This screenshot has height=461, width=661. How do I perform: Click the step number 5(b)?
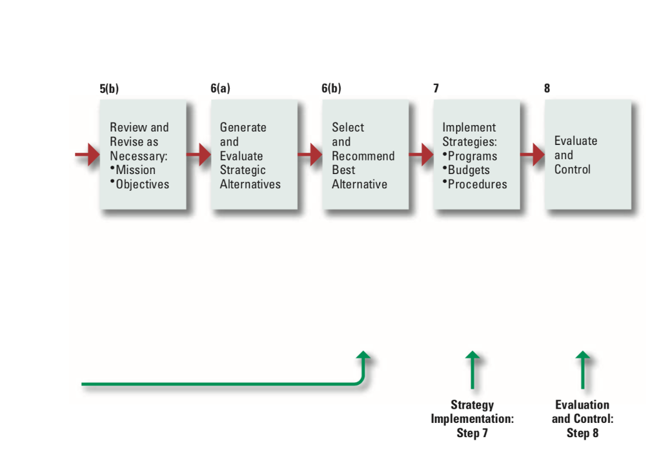tap(109, 89)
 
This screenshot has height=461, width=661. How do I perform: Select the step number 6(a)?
tap(220, 89)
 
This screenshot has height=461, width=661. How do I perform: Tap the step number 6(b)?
tap(331, 89)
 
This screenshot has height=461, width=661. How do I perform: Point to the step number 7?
tap(436, 89)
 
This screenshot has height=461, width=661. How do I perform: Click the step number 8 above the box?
tap(547, 89)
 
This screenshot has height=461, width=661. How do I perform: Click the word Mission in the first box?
tap(135, 170)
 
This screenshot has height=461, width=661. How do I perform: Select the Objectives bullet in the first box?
tap(141, 184)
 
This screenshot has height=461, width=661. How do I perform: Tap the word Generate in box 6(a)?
tap(243, 128)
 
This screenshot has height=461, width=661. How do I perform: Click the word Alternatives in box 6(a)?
tap(250, 184)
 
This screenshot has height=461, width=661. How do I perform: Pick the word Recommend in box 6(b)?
tap(363, 156)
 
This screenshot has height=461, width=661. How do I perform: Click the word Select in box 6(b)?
tap(348, 128)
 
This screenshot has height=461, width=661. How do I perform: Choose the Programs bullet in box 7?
tap(472, 156)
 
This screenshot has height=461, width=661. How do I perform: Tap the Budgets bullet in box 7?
tap(468, 170)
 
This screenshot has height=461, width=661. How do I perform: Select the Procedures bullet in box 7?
tap(477, 184)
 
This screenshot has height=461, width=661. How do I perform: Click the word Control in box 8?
tap(572, 170)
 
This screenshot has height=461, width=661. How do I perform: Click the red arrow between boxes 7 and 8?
tap(532, 155)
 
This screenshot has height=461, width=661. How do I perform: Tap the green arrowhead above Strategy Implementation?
tap(473, 357)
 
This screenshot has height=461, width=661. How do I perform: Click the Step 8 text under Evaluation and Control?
tap(582, 433)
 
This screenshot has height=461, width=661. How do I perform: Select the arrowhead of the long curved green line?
tap(363, 357)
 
